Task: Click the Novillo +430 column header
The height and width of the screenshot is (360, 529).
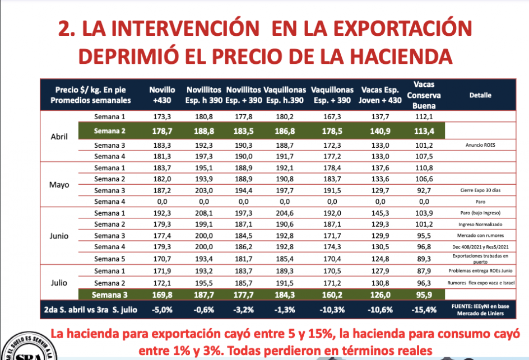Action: [x=163, y=95]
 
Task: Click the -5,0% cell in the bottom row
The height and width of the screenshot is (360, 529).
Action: [x=163, y=308]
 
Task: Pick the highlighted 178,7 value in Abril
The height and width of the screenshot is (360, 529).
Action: [x=163, y=132]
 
